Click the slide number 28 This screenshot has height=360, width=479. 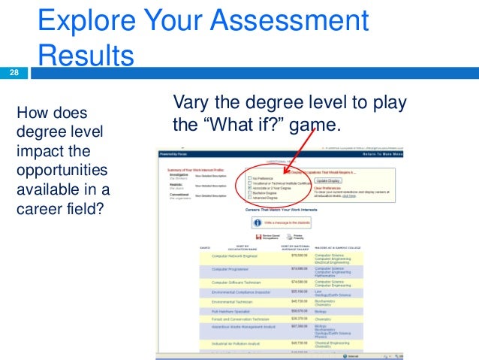point(14,73)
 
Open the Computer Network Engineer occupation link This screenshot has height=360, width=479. point(238,256)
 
